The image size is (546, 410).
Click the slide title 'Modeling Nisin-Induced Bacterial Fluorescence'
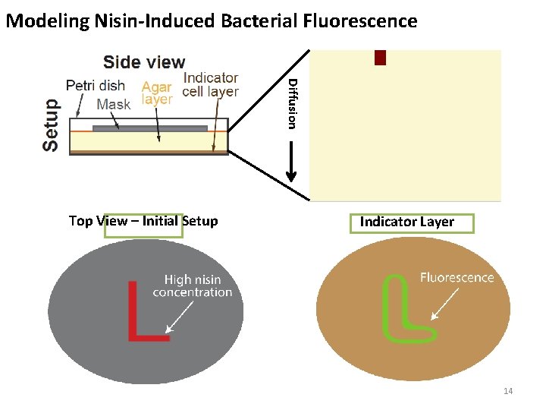[x=211, y=20]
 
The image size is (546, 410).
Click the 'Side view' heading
[x=144, y=62]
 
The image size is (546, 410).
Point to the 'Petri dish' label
[x=95, y=85]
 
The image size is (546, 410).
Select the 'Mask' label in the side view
[x=114, y=104]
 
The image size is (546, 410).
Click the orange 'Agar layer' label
[x=157, y=93]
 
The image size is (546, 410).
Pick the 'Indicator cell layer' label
[x=211, y=84]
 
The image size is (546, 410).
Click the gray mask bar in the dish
[x=150, y=128]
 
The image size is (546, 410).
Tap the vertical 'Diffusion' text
[x=293, y=102]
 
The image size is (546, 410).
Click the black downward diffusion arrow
[x=291, y=163]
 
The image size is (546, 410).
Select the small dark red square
[x=380, y=58]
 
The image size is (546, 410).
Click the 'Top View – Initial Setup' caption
[x=143, y=221]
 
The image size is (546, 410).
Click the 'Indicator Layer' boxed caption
[x=407, y=222]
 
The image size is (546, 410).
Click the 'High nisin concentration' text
[x=193, y=286]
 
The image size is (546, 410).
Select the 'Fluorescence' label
[x=457, y=278]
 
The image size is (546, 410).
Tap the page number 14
[x=508, y=391]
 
